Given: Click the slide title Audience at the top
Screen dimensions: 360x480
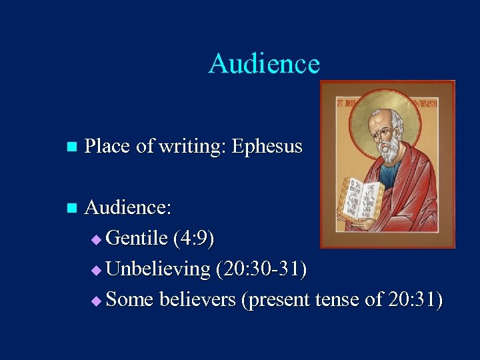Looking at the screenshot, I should pyautogui.click(x=264, y=64).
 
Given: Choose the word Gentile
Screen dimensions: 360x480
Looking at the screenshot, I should pyautogui.click(x=136, y=238).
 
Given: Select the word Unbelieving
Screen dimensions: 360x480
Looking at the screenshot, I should pyautogui.click(x=158, y=269).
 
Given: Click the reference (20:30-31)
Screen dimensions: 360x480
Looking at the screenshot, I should pyautogui.click(x=261, y=269).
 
